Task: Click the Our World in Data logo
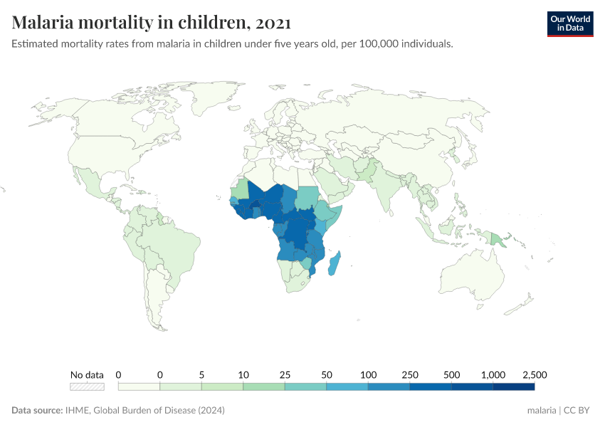coord(569,23)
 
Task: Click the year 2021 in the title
coord(270,23)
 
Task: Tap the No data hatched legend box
coord(87,386)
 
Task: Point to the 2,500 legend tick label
coord(534,374)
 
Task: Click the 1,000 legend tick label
coord(493,374)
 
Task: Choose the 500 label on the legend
coord(451,374)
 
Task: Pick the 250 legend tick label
coord(410,374)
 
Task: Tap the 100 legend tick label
coord(368,374)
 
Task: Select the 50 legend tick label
coord(327,374)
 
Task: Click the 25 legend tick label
coord(285,374)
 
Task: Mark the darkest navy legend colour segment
coord(513,386)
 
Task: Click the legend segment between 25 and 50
coord(305,386)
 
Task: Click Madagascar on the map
coord(335,264)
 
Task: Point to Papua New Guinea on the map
coord(496,238)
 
